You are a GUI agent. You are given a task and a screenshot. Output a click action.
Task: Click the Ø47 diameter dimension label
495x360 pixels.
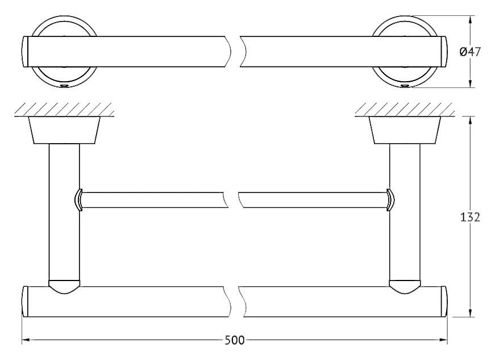pyautogui.click(x=471, y=52)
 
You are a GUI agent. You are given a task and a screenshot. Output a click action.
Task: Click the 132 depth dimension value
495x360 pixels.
pyautogui.click(x=470, y=217)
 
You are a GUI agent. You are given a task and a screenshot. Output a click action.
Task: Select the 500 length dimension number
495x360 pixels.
pyautogui.click(x=235, y=340)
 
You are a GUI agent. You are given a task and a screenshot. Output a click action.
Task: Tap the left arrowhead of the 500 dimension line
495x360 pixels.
pyautogui.click(x=26, y=340)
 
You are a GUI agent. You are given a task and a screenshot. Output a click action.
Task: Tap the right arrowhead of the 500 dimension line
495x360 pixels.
pyautogui.click(x=443, y=340)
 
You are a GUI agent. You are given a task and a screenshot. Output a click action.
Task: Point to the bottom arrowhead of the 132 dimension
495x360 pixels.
pyautogui.click(x=471, y=312)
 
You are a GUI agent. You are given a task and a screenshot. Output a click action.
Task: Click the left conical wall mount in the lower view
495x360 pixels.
pyautogui.click(x=64, y=130)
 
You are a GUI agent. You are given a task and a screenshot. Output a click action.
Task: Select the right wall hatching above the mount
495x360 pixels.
pyautogui.click(x=405, y=110)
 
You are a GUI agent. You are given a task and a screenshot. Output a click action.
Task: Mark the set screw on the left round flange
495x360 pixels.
pyautogui.click(x=64, y=86)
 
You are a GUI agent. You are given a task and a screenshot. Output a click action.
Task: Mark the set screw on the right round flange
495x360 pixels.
pyautogui.click(x=405, y=86)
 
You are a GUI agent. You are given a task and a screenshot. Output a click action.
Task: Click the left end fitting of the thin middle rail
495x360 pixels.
pyautogui.click(x=78, y=200)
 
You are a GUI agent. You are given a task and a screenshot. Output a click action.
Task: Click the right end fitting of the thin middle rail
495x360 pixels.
pyautogui.click(x=390, y=200)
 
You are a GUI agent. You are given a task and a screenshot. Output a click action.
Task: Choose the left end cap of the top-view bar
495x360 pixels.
pyautogui.click(x=26, y=52)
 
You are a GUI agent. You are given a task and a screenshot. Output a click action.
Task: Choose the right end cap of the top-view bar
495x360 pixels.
pyautogui.click(x=443, y=52)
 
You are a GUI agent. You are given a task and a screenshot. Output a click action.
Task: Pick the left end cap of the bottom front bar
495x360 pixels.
pyautogui.click(x=26, y=302)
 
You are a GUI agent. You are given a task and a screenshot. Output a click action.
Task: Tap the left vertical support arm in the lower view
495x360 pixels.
pyautogui.click(x=64, y=212)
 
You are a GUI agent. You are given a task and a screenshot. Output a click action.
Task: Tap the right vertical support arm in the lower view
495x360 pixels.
pyautogui.click(x=405, y=212)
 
